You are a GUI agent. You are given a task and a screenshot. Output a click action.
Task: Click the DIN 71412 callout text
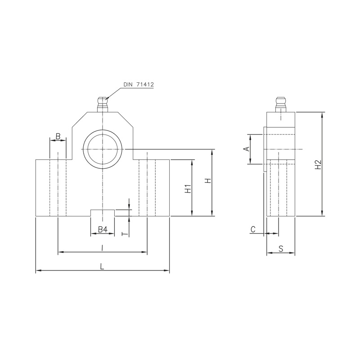(139, 85)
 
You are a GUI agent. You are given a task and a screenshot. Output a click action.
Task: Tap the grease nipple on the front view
(103, 104)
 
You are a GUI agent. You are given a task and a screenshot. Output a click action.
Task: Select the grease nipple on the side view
(281, 104)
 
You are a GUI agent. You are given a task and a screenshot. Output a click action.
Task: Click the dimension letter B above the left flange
(58, 136)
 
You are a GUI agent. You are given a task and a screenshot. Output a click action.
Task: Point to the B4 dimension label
(103, 229)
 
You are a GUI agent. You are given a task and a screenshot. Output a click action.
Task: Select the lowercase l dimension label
(102, 247)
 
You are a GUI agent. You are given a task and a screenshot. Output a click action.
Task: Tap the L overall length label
(103, 266)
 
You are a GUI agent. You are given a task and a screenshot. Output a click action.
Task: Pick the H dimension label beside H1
(208, 181)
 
